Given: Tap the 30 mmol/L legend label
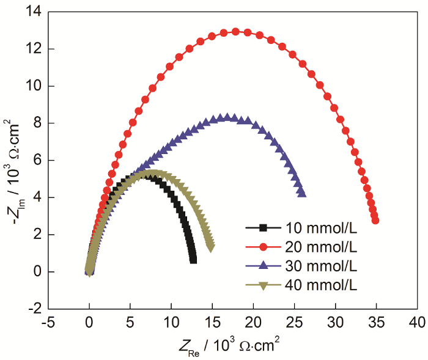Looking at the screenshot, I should [x=319, y=266].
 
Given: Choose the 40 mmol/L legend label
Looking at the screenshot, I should [x=319, y=285].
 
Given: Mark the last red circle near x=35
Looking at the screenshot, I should [x=375, y=221].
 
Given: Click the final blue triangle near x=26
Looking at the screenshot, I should [x=302, y=193].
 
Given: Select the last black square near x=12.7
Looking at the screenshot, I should [x=193, y=260].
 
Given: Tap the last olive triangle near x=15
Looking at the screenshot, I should [x=211, y=248].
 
